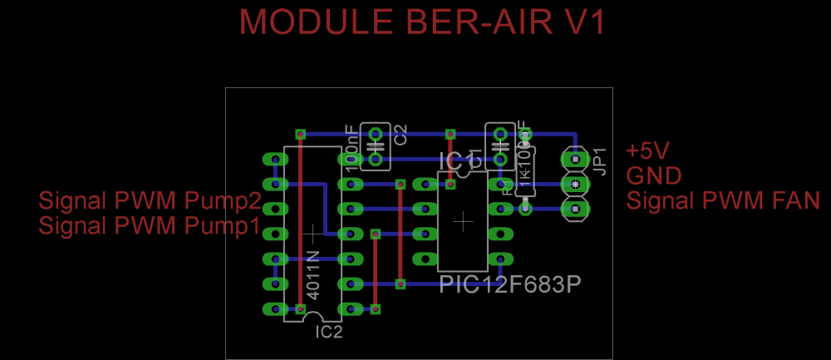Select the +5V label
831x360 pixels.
pyautogui.click(x=647, y=151)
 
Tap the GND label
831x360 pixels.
pyautogui.click(x=654, y=175)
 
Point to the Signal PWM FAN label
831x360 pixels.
pyautogui.click(x=723, y=200)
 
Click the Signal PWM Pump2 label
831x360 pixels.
pyautogui.click(x=150, y=200)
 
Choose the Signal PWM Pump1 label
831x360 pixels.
pyautogui.click(x=150, y=225)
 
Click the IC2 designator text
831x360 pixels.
pyautogui.click(x=329, y=333)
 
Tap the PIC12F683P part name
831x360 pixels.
pyautogui.click(x=509, y=285)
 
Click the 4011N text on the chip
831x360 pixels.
pyautogui.click(x=312, y=275)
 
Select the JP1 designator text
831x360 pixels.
pyautogui.click(x=600, y=160)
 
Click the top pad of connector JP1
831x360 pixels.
pyautogui.click(x=574, y=158)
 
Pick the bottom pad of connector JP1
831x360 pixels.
pyautogui.click(x=574, y=208)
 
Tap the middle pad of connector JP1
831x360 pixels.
pyautogui.click(x=574, y=183)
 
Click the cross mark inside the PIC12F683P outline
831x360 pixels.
pyautogui.click(x=463, y=222)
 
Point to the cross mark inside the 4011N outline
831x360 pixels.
pyautogui.click(x=312, y=233)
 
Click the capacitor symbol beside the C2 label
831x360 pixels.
pyautogui.click(x=376, y=145)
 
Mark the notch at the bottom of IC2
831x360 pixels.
pyautogui.click(x=312, y=316)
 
